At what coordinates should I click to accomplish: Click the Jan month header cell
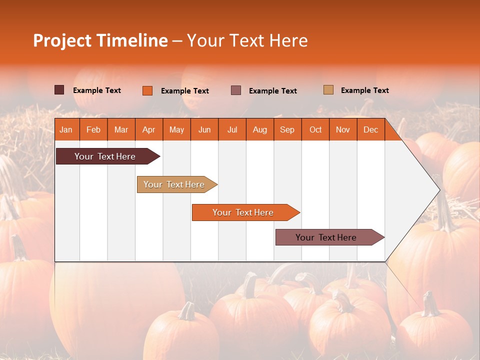pos(66,129)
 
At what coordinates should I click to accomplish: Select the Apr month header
pos(148,129)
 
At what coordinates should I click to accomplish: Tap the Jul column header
pos(232,129)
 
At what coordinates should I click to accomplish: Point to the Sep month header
pos(287,129)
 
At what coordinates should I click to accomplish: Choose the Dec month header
pos(370,129)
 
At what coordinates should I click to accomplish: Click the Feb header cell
pos(93,129)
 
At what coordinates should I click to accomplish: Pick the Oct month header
pos(315,129)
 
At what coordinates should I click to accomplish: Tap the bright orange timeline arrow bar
pos(244,212)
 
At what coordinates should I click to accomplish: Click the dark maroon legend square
pos(59,90)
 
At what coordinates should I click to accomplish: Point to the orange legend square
pos(147,90)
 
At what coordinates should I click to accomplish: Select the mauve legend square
pos(236,90)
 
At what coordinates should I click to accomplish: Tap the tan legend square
pos(328,90)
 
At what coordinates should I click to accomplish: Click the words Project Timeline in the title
pos(100,40)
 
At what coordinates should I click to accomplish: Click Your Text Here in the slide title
pos(247,40)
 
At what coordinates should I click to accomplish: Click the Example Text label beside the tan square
pos(364,90)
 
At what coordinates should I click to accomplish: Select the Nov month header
pos(343,129)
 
